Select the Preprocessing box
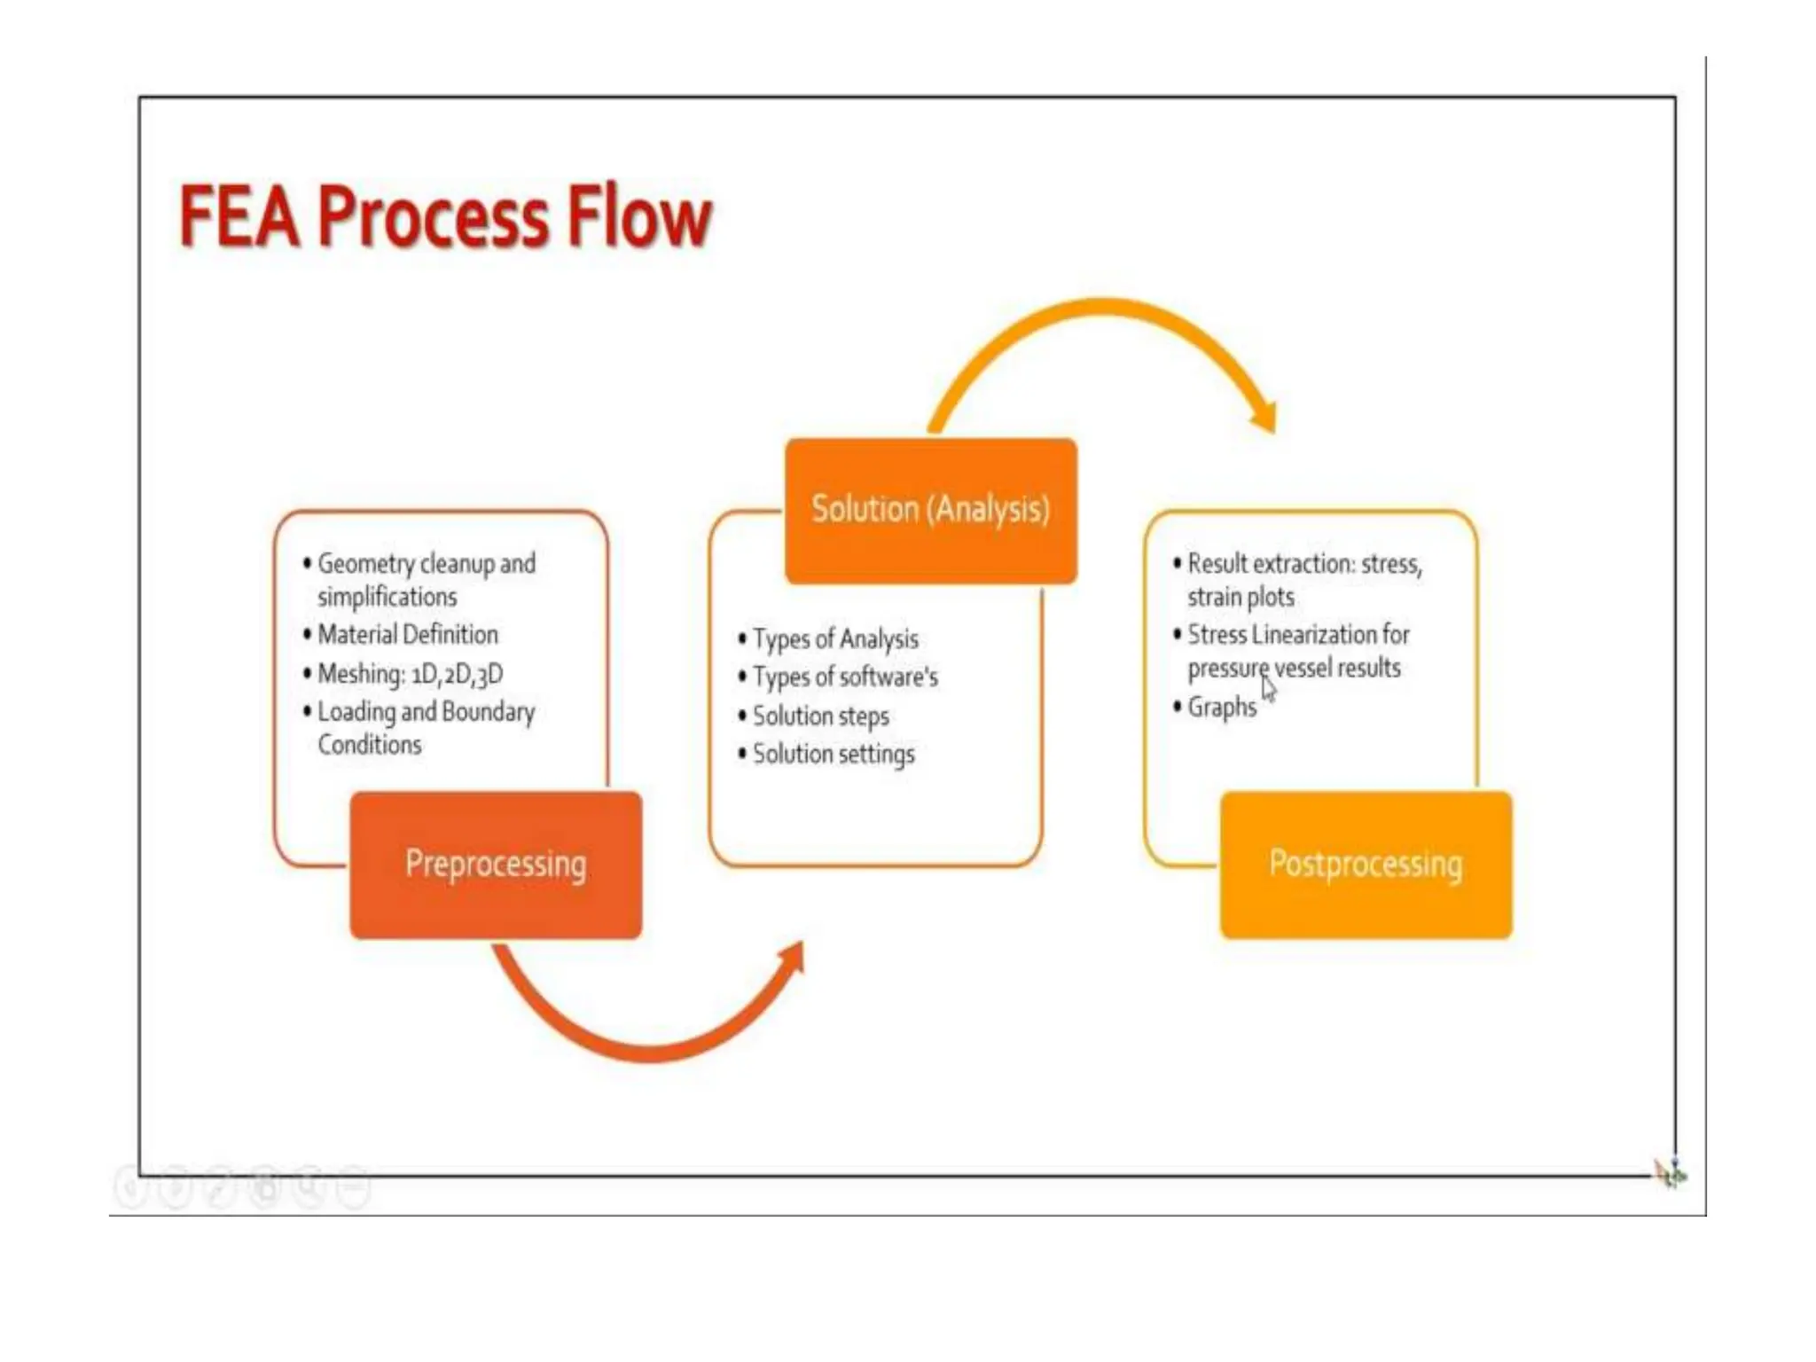click(496, 865)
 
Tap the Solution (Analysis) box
click(930, 510)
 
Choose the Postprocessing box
click(1366, 865)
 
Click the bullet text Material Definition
click(408, 635)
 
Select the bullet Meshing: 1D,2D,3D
click(410, 674)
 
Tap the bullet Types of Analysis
click(835, 638)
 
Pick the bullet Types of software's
click(845, 677)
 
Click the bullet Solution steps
click(820, 716)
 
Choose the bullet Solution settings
click(834, 754)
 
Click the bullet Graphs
click(1222, 708)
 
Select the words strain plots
click(1241, 598)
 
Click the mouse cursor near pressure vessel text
click(1269, 688)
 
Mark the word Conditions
click(370, 745)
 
